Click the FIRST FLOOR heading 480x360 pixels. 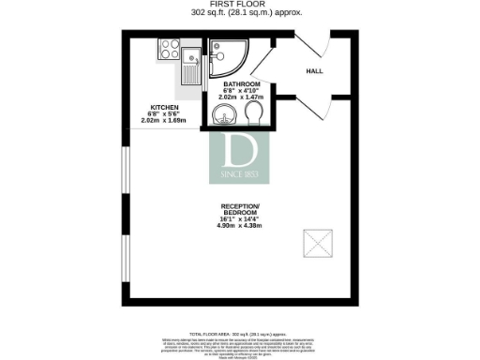(x=240, y=5)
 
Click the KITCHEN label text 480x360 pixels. (x=164, y=107)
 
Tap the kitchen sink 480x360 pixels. (x=190, y=62)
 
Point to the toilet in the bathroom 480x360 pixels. (x=254, y=114)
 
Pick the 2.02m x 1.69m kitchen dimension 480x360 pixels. (x=165, y=121)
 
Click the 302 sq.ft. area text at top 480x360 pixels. (x=240, y=14)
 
